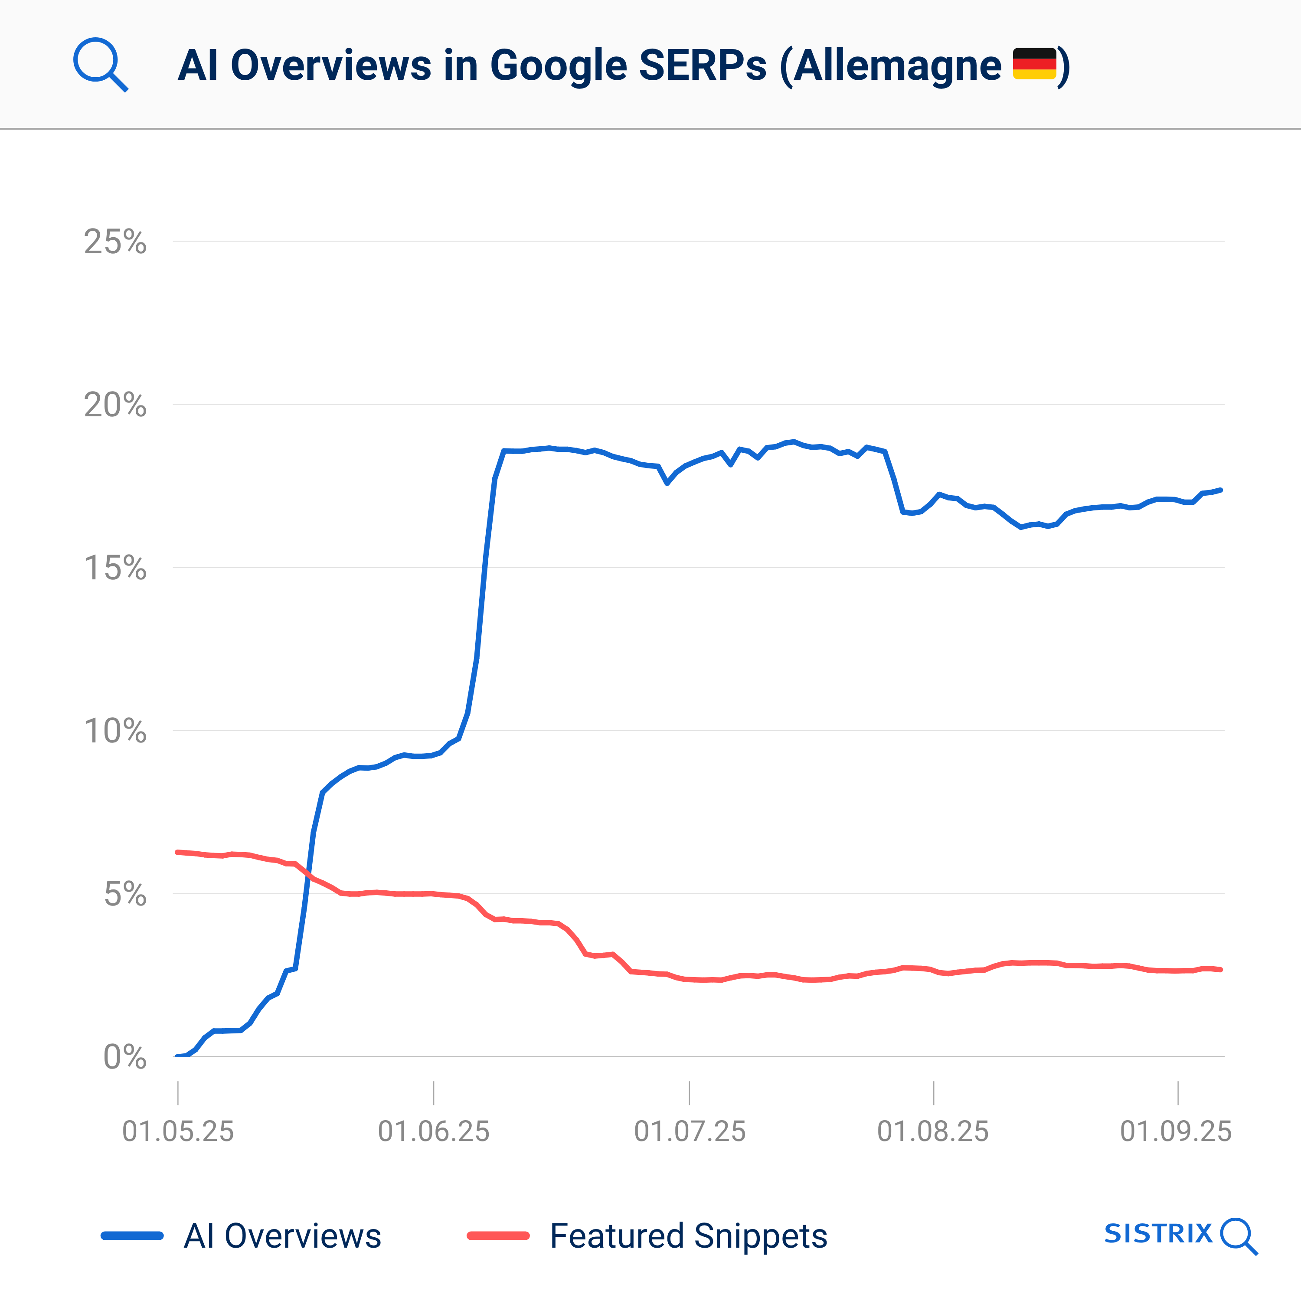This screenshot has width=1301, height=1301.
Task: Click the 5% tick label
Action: click(124, 894)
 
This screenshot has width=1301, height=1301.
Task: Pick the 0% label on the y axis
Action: click(124, 1057)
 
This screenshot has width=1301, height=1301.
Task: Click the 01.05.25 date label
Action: click(178, 1131)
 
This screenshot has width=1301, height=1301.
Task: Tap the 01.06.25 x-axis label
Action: click(434, 1131)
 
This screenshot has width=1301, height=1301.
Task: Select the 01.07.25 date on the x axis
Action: click(690, 1131)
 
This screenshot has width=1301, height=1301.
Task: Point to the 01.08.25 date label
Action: click(933, 1131)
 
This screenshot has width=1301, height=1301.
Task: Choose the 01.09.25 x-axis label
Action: click(1176, 1131)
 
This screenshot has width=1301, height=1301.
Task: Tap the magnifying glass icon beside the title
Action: click(100, 64)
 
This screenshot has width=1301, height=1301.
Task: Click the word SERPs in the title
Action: click(703, 65)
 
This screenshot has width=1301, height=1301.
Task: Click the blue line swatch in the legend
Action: click(132, 1236)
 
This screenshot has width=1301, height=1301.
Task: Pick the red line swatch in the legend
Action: click(498, 1236)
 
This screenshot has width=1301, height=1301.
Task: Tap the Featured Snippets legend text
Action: click(688, 1236)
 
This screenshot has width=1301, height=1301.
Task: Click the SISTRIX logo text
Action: click(1158, 1234)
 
